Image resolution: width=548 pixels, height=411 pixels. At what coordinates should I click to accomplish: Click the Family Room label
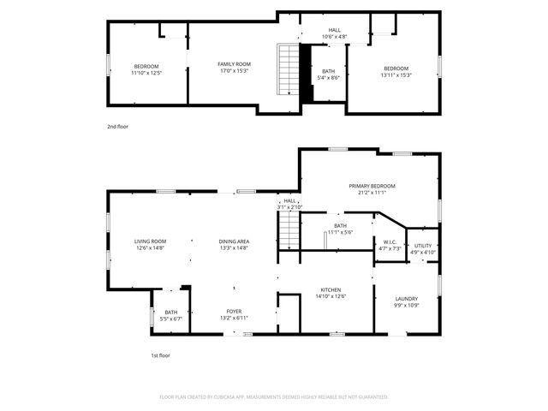point(234,64)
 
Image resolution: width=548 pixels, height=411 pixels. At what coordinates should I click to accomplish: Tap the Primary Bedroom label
point(372,186)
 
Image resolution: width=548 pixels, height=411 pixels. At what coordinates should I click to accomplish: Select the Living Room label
point(150,241)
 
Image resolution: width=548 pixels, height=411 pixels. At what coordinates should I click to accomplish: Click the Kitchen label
point(331,289)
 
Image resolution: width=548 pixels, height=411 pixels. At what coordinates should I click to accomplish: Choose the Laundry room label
point(406,299)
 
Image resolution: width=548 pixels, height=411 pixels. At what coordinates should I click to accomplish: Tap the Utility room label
point(423,246)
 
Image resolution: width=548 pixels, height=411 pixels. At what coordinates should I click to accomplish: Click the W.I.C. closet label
point(389,242)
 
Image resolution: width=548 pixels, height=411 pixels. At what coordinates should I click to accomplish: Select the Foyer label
point(234,312)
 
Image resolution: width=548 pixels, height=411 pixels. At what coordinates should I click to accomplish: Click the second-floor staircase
point(285,71)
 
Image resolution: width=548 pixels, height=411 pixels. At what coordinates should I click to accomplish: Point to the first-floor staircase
point(288,231)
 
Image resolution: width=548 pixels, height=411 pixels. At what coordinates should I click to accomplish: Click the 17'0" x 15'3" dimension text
point(234,71)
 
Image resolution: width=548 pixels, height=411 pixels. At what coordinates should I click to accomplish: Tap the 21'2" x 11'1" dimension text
point(372,193)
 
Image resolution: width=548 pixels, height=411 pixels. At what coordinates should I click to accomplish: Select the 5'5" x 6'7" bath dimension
point(171,319)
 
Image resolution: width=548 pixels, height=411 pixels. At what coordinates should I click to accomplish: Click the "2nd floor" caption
point(117,127)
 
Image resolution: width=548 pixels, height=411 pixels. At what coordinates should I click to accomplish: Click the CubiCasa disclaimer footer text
point(274,397)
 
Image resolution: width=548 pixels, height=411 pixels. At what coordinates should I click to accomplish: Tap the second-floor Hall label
point(335,30)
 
